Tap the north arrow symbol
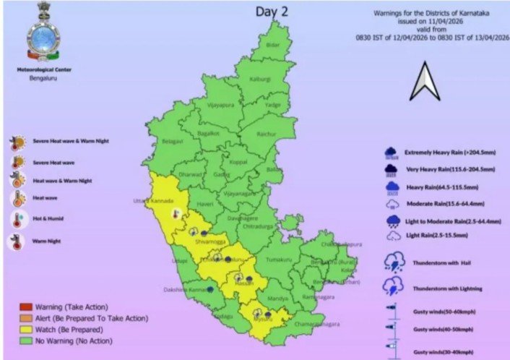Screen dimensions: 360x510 point(425,82)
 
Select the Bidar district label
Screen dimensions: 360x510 point(272,45)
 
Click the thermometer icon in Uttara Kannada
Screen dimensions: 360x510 point(175,213)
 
